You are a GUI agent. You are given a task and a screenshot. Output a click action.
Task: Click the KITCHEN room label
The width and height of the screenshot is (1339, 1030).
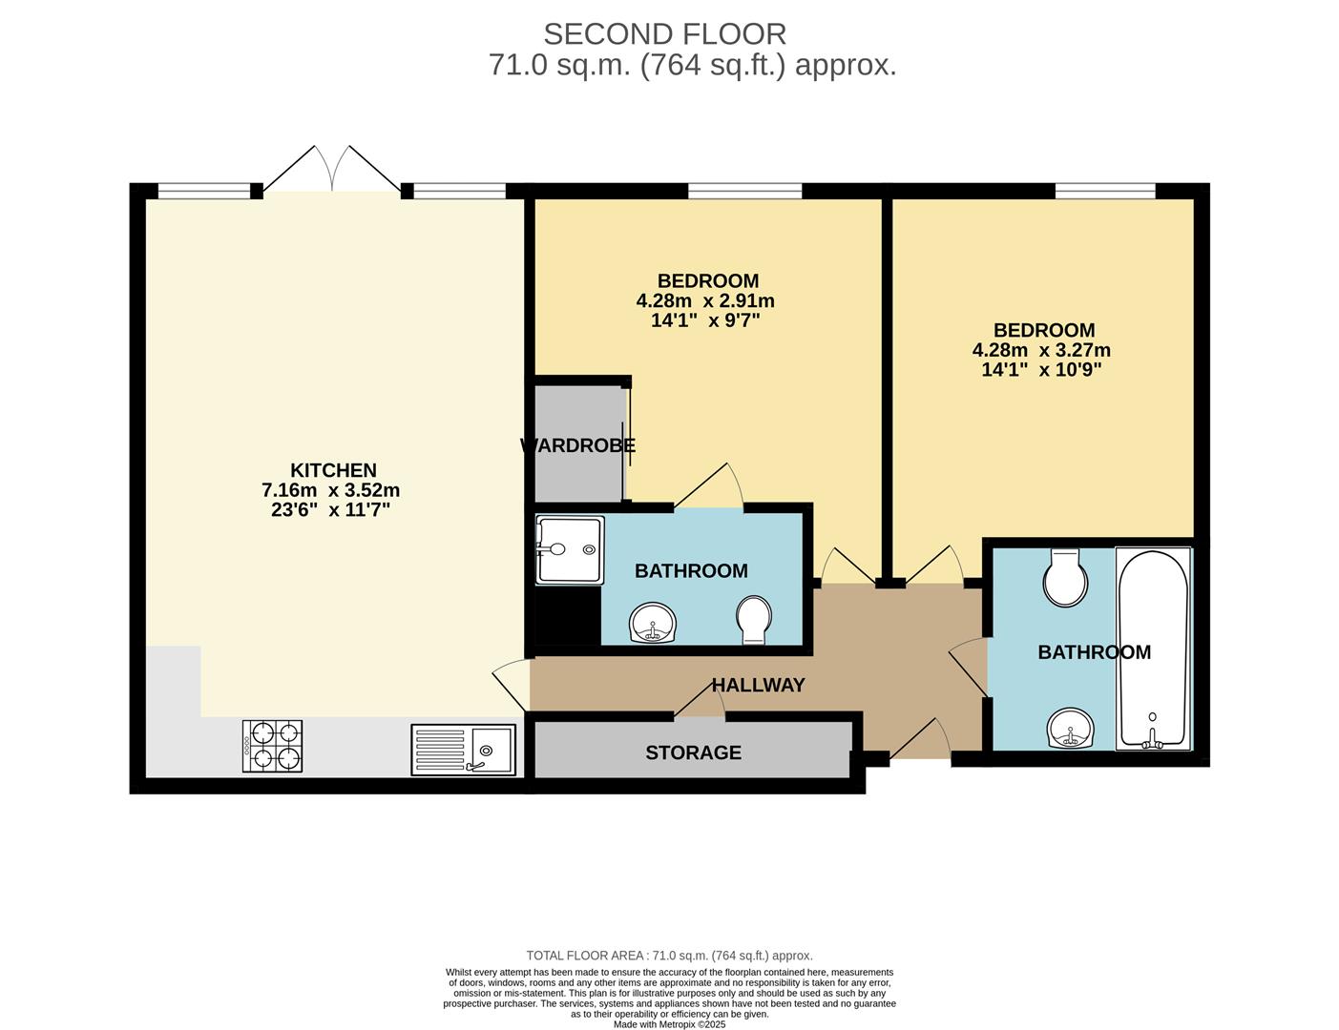(x=333, y=470)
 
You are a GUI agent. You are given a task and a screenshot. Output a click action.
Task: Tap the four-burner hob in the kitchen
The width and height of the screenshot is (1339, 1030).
(x=272, y=746)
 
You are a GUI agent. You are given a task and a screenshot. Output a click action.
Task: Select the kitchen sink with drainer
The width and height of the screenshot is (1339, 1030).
(x=464, y=749)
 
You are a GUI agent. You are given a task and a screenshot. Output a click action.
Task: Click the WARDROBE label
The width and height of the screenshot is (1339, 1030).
(x=577, y=445)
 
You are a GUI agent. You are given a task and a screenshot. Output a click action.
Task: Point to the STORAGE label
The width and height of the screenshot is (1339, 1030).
(x=693, y=752)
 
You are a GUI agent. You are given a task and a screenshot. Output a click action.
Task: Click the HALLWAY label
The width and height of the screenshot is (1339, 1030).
(x=758, y=685)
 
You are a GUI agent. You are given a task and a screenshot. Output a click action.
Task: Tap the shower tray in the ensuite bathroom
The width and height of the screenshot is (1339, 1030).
(x=570, y=550)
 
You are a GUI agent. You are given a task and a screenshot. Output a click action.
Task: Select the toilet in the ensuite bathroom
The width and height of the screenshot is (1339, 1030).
(x=754, y=619)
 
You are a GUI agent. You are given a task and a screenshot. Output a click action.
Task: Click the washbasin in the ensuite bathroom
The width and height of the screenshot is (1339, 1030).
(x=654, y=624)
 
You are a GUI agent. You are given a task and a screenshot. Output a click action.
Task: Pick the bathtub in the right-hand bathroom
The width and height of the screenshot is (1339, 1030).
(x=1153, y=649)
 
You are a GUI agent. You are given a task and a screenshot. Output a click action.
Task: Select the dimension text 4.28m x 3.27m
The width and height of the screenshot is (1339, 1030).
(x=1041, y=350)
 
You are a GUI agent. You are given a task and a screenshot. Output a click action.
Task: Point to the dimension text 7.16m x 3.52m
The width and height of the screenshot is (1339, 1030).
(x=330, y=490)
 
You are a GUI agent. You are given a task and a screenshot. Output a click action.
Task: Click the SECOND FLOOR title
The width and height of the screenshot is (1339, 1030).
(x=664, y=34)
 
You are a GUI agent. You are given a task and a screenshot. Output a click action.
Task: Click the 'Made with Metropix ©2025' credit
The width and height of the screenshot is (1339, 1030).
(x=669, y=1024)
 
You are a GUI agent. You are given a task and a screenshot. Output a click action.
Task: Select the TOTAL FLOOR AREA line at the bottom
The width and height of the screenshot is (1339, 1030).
(x=669, y=955)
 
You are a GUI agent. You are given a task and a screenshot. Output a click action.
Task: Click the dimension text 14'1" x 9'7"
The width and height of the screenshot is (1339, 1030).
(x=705, y=320)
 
